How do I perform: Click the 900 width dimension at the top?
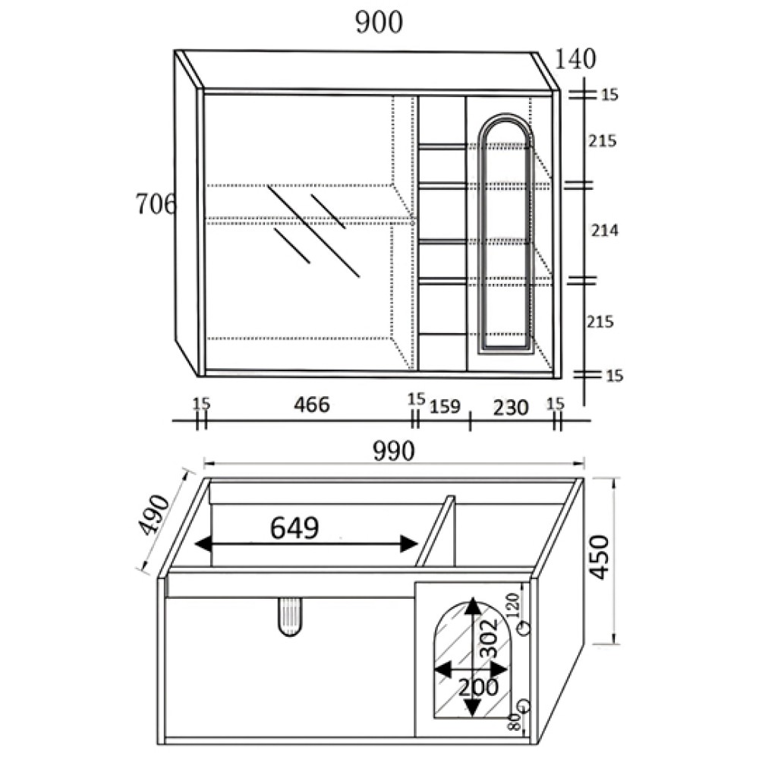coord(379,23)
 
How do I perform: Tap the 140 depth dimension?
coord(575,59)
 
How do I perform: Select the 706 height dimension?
coord(156,203)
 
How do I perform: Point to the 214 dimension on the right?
coord(605,231)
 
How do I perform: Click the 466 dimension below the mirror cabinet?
coord(312,405)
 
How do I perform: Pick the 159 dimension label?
coord(445,407)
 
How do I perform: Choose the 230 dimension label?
coord(510,408)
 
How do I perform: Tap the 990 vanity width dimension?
coord(393,451)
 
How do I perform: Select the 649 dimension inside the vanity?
coord(294,528)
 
